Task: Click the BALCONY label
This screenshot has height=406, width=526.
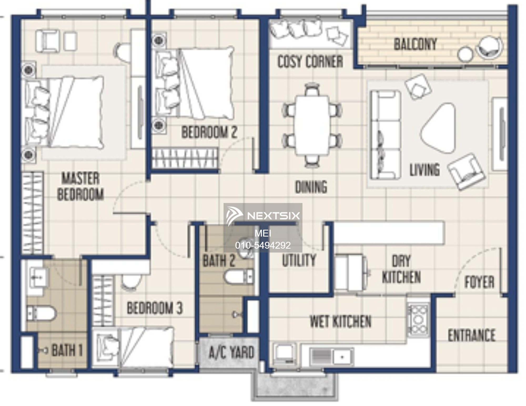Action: click(415, 44)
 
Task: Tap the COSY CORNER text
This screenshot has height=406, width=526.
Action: click(310, 62)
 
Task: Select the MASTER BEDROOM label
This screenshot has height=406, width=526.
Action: click(80, 186)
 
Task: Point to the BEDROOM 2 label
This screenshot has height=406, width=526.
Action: click(209, 132)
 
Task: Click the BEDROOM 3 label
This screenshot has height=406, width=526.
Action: click(155, 308)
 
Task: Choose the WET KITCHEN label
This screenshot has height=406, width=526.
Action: click(340, 322)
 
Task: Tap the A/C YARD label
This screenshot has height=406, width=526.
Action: click(231, 352)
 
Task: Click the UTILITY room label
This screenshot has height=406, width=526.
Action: click(299, 260)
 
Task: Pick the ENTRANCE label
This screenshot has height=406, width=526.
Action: click(472, 335)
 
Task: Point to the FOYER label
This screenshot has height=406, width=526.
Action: click(479, 282)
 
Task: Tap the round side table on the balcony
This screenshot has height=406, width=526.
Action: click(465, 54)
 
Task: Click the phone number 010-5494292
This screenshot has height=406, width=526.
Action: click(263, 245)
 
